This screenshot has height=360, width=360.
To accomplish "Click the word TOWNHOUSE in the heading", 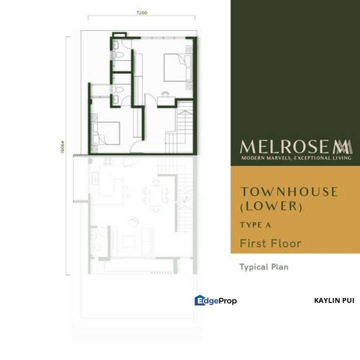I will click(289, 191).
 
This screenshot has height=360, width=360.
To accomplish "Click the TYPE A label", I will click(255, 225).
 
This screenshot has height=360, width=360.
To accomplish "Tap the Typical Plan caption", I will click(263, 267).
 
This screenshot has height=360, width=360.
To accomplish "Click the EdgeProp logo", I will click(215, 300).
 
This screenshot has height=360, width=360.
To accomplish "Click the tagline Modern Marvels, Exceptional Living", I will click(296, 158).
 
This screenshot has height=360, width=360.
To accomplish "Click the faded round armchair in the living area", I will click(132, 222).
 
